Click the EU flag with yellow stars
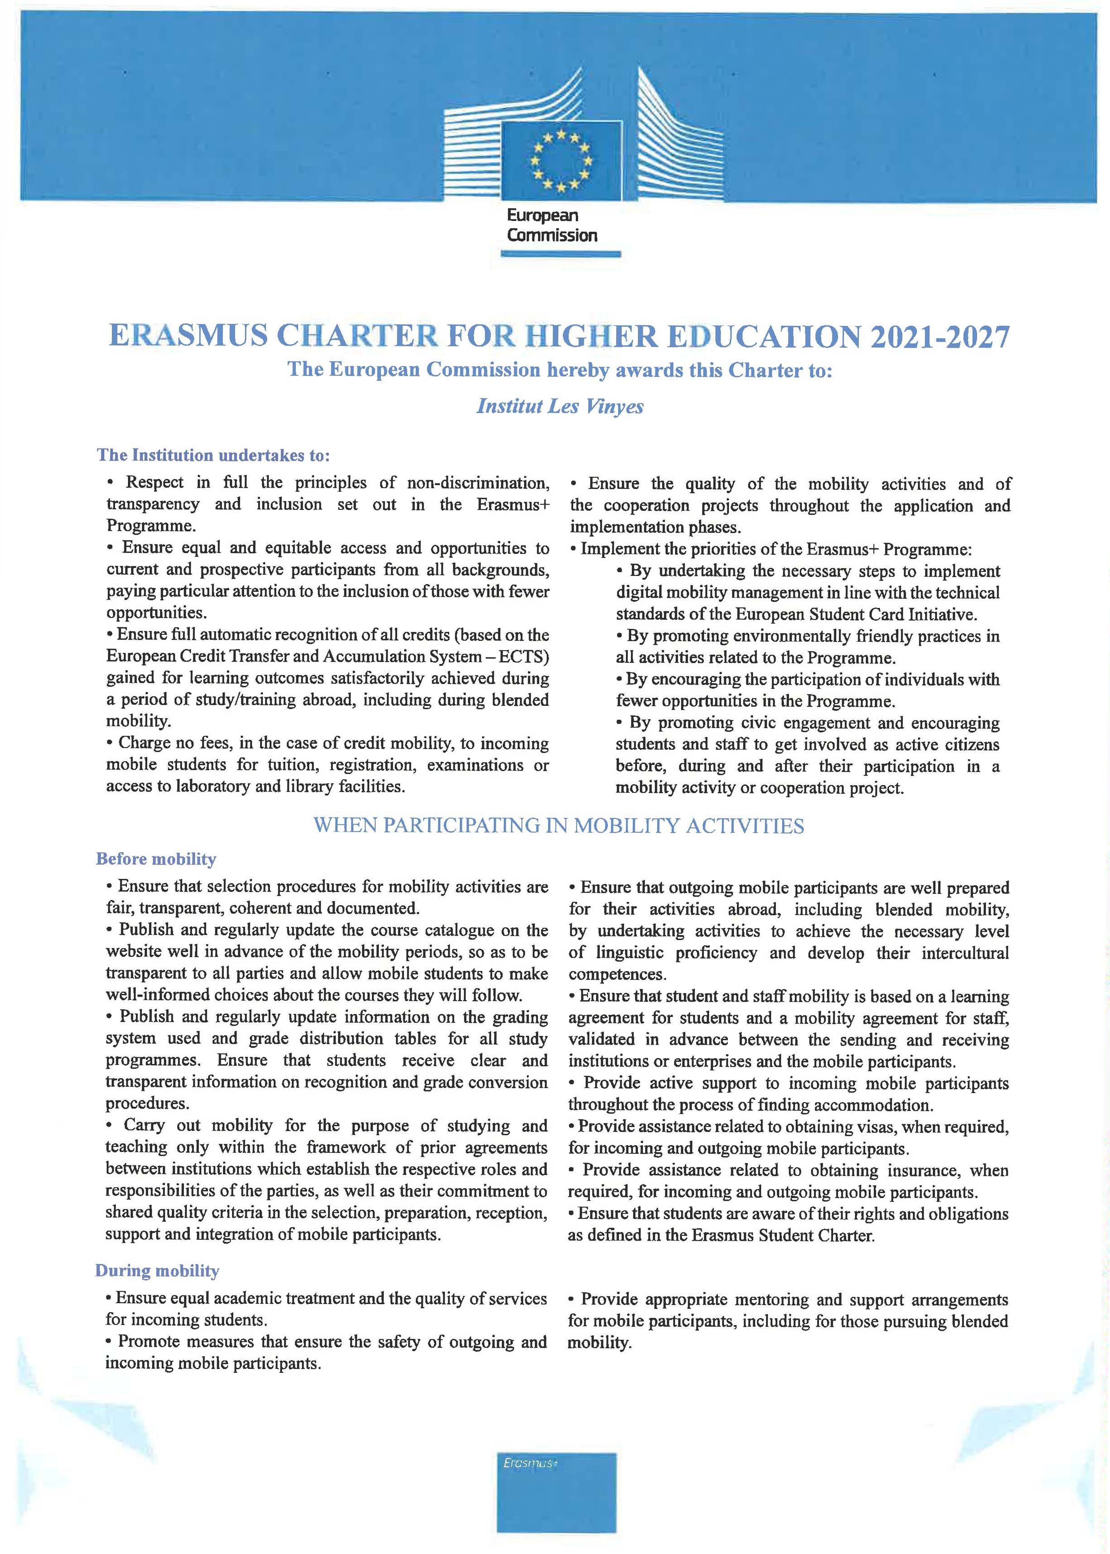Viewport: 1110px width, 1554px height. (561, 161)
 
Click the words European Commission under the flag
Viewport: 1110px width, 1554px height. (551, 225)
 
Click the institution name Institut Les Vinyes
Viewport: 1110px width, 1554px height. (560, 406)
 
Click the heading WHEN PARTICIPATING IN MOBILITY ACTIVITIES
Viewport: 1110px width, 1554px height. (559, 826)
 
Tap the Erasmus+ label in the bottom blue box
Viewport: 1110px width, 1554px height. (531, 1463)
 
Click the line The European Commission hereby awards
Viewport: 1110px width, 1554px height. (559, 370)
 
